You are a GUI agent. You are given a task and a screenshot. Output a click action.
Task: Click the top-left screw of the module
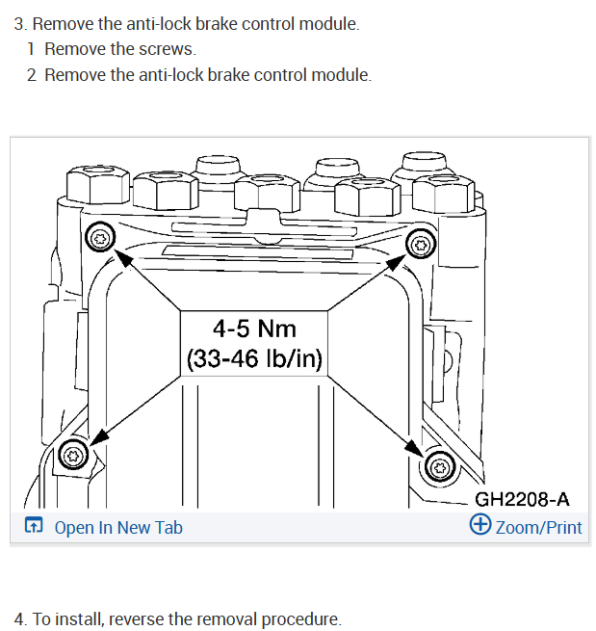tap(99, 236)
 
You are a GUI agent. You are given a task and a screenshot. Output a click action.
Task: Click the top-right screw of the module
tap(421, 245)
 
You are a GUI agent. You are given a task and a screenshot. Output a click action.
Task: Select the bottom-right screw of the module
tap(438, 466)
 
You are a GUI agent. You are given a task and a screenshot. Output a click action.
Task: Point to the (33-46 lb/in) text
tap(254, 360)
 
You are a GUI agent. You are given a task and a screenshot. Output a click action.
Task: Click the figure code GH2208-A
tap(523, 499)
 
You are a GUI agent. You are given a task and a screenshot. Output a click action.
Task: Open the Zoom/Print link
tap(538, 527)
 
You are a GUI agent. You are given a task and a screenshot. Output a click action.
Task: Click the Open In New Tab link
tap(118, 527)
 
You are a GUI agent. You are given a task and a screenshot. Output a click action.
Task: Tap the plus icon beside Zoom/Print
tap(479, 525)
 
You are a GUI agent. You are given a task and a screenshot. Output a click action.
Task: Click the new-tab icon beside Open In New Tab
tap(35, 526)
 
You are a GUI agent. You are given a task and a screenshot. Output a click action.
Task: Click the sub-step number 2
tap(33, 74)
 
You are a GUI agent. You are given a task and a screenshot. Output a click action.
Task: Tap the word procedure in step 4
tap(302, 618)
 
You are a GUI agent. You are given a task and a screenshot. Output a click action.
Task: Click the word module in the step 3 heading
tap(327, 23)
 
